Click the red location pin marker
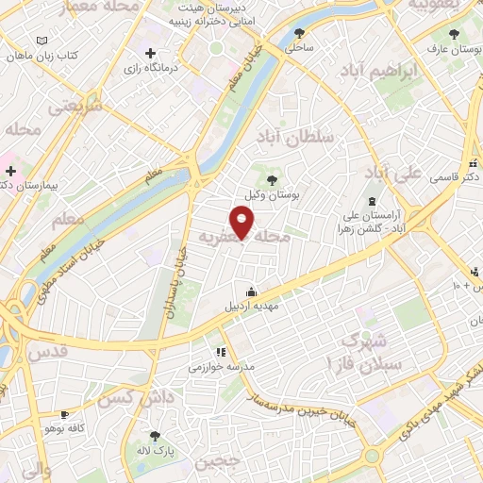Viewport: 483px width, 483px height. pyautogui.click(x=242, y=222)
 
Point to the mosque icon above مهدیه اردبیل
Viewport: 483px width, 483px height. pyautogui.click(x=250, y=291)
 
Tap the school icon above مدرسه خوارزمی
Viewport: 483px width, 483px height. pyautogui.click(x=222, y=352)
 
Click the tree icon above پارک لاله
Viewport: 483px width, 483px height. pyautogui.click(x=155, y=435)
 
